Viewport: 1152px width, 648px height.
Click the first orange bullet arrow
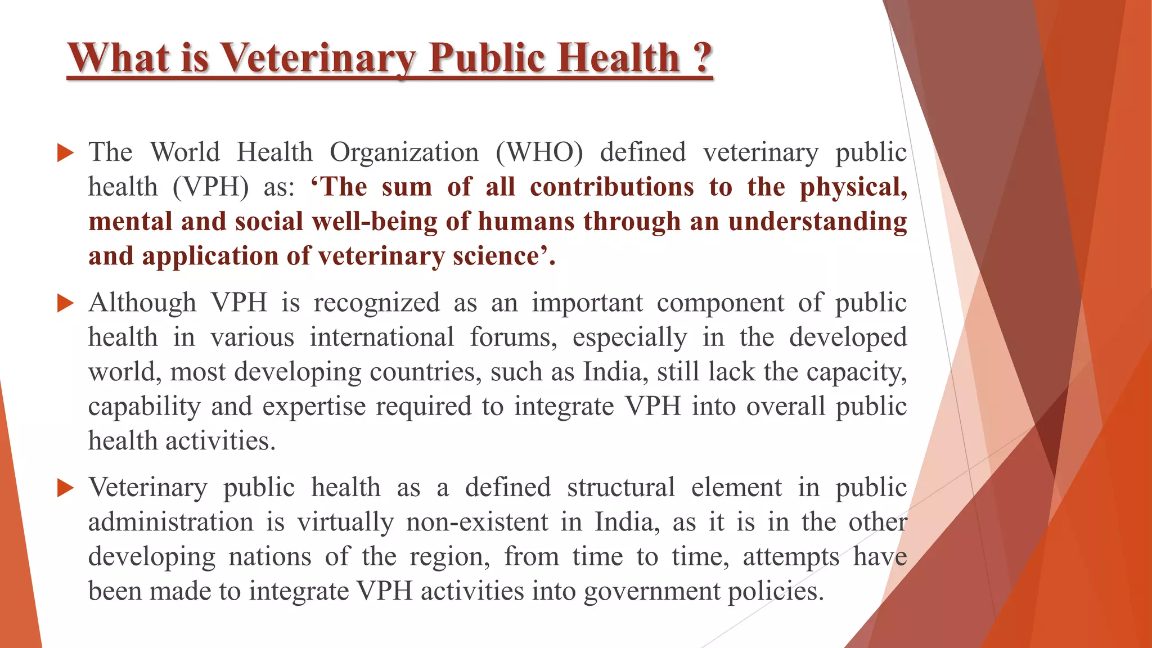65,153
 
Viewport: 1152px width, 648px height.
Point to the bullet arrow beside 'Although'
65,303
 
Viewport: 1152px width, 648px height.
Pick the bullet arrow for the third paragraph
65,488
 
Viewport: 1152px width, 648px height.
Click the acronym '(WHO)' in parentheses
539,153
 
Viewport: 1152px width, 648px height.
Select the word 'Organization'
404,153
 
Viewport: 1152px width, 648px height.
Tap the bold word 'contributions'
611,187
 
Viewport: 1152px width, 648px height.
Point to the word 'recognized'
376,303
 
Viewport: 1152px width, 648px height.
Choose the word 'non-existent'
477,522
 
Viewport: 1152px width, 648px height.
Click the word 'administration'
170,522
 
